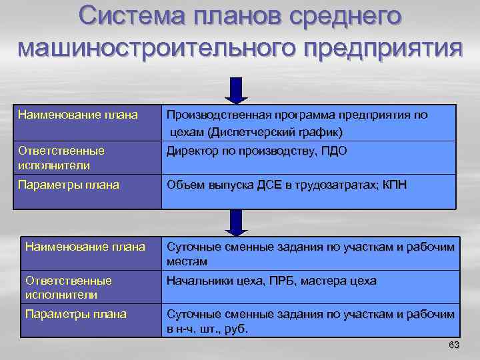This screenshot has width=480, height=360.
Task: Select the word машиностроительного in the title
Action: pyautogui.click(x=156, y=49)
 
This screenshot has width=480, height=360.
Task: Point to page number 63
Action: pyautogui.click(x=454, y=345)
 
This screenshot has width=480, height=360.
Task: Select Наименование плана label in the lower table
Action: pyautogui.click(x=85, y=247)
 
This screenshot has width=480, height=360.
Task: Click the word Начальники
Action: pyautogui.click(x=199, y=281)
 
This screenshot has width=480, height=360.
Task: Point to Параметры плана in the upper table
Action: pyautogui.click(x=68, y=185)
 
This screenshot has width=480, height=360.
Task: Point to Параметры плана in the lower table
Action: pyautogui.click(x=75, y=313)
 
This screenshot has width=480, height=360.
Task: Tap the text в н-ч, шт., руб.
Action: pyautogui.click(x=207, y=329)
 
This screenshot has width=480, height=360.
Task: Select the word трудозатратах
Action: pyautogui.click(x=343, y=185)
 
